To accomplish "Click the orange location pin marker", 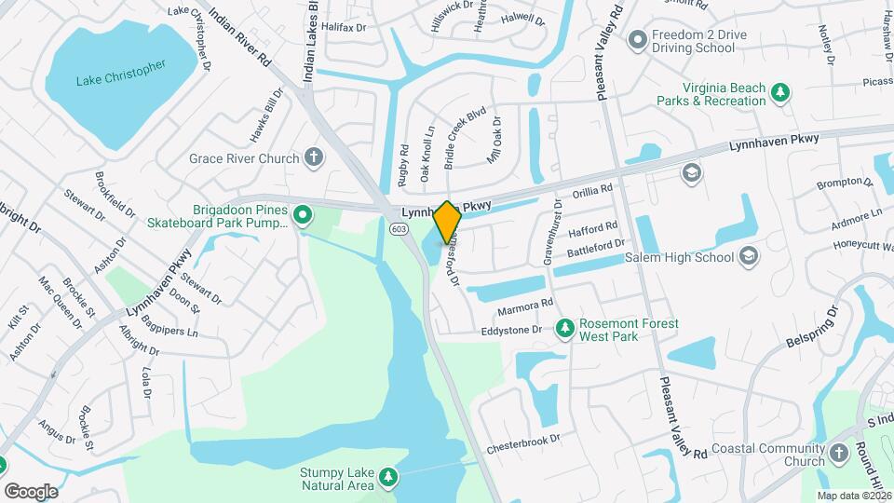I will [x=447, y=222].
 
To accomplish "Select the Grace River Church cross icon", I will [x=314, y=157].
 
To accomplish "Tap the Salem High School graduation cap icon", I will [x=749, y=256].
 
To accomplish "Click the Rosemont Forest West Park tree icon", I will [x=564, y=329].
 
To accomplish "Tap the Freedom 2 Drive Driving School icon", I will [x=638, y=41].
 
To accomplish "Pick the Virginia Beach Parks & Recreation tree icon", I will [x=780, y=93].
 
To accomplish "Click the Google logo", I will [x=31, y=491].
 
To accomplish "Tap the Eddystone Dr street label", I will [x=511, y=330].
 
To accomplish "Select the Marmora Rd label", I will [x=525, y=304].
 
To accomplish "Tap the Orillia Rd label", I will [x=592, y=189].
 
